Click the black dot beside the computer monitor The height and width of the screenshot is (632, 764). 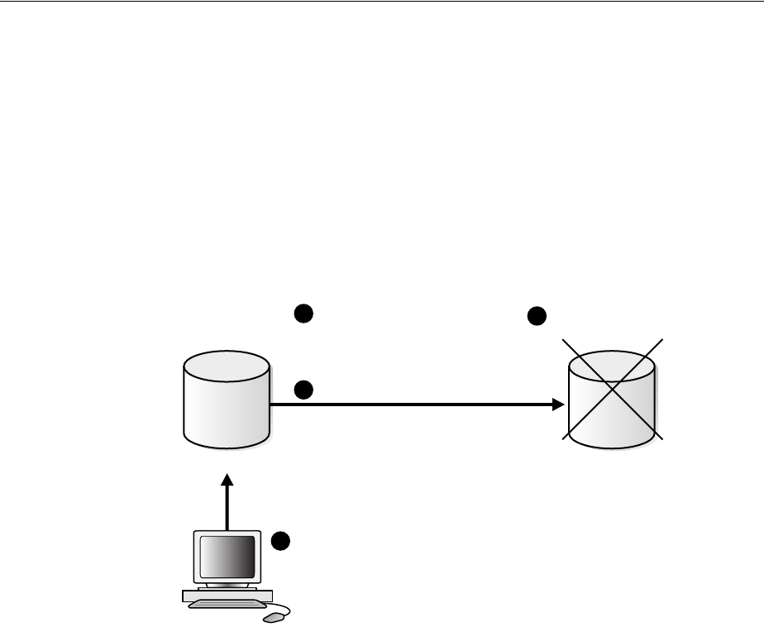(x=281, y=541)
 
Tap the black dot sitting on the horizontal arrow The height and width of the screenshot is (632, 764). (x=303, y=390)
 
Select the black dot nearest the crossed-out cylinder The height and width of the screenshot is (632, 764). (x=537, y=316)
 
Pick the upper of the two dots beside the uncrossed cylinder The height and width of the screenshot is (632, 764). (x=303, y=314)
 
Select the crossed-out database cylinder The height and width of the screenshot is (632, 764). (x=613, y=401)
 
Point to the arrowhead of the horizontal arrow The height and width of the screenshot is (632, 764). (x=558, y=405)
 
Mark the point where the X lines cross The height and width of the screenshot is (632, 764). (x=613, y=389)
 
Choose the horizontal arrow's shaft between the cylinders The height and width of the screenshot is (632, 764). (x=413, y=405)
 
